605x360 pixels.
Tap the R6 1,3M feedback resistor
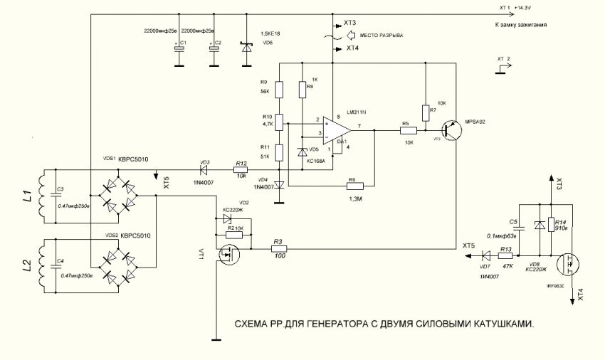pyautogui.click(x=352, y=187)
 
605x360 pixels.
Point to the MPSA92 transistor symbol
pyautogui.click(x=450, y=129)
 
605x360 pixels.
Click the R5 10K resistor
pyautogui.click(x=407, y=130)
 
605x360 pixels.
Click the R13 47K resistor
pyautogui.click(x=505, y=254)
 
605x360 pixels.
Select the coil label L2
pyautogui.click(x=26, y=268)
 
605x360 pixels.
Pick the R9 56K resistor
pyautogui.click(x=279, y=90)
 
